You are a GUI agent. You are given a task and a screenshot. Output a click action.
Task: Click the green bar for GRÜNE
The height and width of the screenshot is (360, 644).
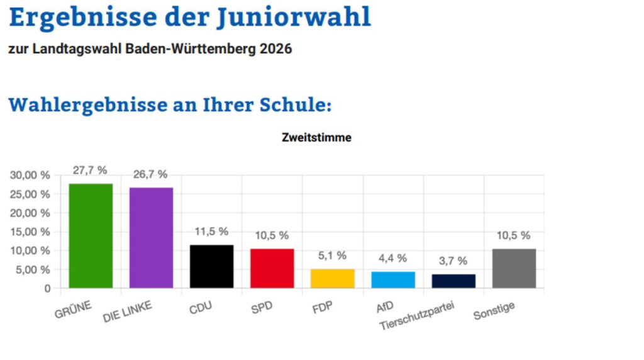[91, 236]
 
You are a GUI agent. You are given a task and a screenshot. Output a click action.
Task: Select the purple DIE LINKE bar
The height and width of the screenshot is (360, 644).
[152, 238]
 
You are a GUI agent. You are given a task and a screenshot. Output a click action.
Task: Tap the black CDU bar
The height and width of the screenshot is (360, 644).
[212, 267]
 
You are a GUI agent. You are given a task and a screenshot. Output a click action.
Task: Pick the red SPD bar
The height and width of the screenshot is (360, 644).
[272, 269]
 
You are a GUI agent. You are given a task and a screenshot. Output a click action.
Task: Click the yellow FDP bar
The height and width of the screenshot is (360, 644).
[333, 279]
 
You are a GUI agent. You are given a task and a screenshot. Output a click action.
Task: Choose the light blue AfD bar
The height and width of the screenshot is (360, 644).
[393, 280]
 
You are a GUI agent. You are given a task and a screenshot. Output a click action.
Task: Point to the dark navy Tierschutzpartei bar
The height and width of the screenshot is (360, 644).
[453, 281]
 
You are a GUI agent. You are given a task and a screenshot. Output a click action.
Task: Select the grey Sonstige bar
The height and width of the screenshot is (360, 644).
[514, 269]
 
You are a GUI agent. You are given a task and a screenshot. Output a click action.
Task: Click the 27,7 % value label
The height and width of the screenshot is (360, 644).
[90, 170]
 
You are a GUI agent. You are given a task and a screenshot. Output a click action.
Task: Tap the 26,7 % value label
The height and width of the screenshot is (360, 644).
[150, 174]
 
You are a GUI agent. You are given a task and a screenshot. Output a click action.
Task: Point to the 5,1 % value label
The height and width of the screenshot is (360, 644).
[333, 256]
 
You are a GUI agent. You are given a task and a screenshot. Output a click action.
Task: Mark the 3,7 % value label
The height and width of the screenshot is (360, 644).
[453, 261]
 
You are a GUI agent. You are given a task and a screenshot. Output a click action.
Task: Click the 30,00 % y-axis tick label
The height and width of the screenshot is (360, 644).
[30, 176]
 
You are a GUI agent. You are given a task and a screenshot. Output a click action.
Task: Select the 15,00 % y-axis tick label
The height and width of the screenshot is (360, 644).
[30, 232]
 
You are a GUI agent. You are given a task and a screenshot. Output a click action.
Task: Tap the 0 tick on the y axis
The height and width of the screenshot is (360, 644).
[47, 288]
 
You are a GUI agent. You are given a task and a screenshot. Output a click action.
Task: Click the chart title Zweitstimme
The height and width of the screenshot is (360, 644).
[316, 138]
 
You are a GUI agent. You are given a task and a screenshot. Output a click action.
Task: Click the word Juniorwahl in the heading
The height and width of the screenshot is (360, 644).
[294, 18]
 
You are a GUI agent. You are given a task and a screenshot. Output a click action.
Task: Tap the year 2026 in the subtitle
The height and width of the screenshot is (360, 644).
[275, 49]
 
